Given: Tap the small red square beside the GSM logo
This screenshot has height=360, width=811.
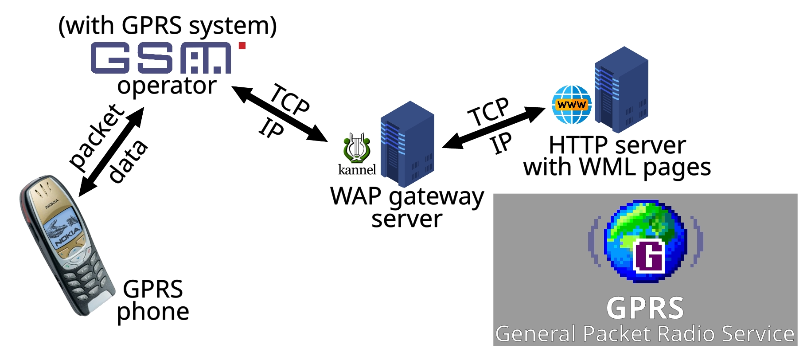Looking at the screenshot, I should tap(242, 46).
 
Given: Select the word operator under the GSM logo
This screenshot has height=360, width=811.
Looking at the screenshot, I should tap(167, 86).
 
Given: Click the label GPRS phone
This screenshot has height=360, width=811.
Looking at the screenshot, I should tap(153, 300).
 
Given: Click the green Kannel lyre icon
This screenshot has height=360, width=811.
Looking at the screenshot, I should tap(356, 148).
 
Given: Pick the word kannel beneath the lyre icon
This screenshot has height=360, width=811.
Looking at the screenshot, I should tap(357, 170).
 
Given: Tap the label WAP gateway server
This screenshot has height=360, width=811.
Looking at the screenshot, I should tap(407, 207).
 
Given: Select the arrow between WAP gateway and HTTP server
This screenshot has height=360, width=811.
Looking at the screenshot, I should tap(494, 128).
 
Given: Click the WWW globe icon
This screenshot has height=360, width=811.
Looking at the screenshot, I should tap(572, 105).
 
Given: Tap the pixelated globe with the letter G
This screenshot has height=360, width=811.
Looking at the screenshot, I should tap(645, 242).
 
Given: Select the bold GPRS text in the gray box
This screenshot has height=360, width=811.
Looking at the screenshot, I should tap(645, 308).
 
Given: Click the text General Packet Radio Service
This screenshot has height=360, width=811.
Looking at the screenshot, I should tap(645, 334).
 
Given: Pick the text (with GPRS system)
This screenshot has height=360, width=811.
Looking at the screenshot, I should tap(168, 26).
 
